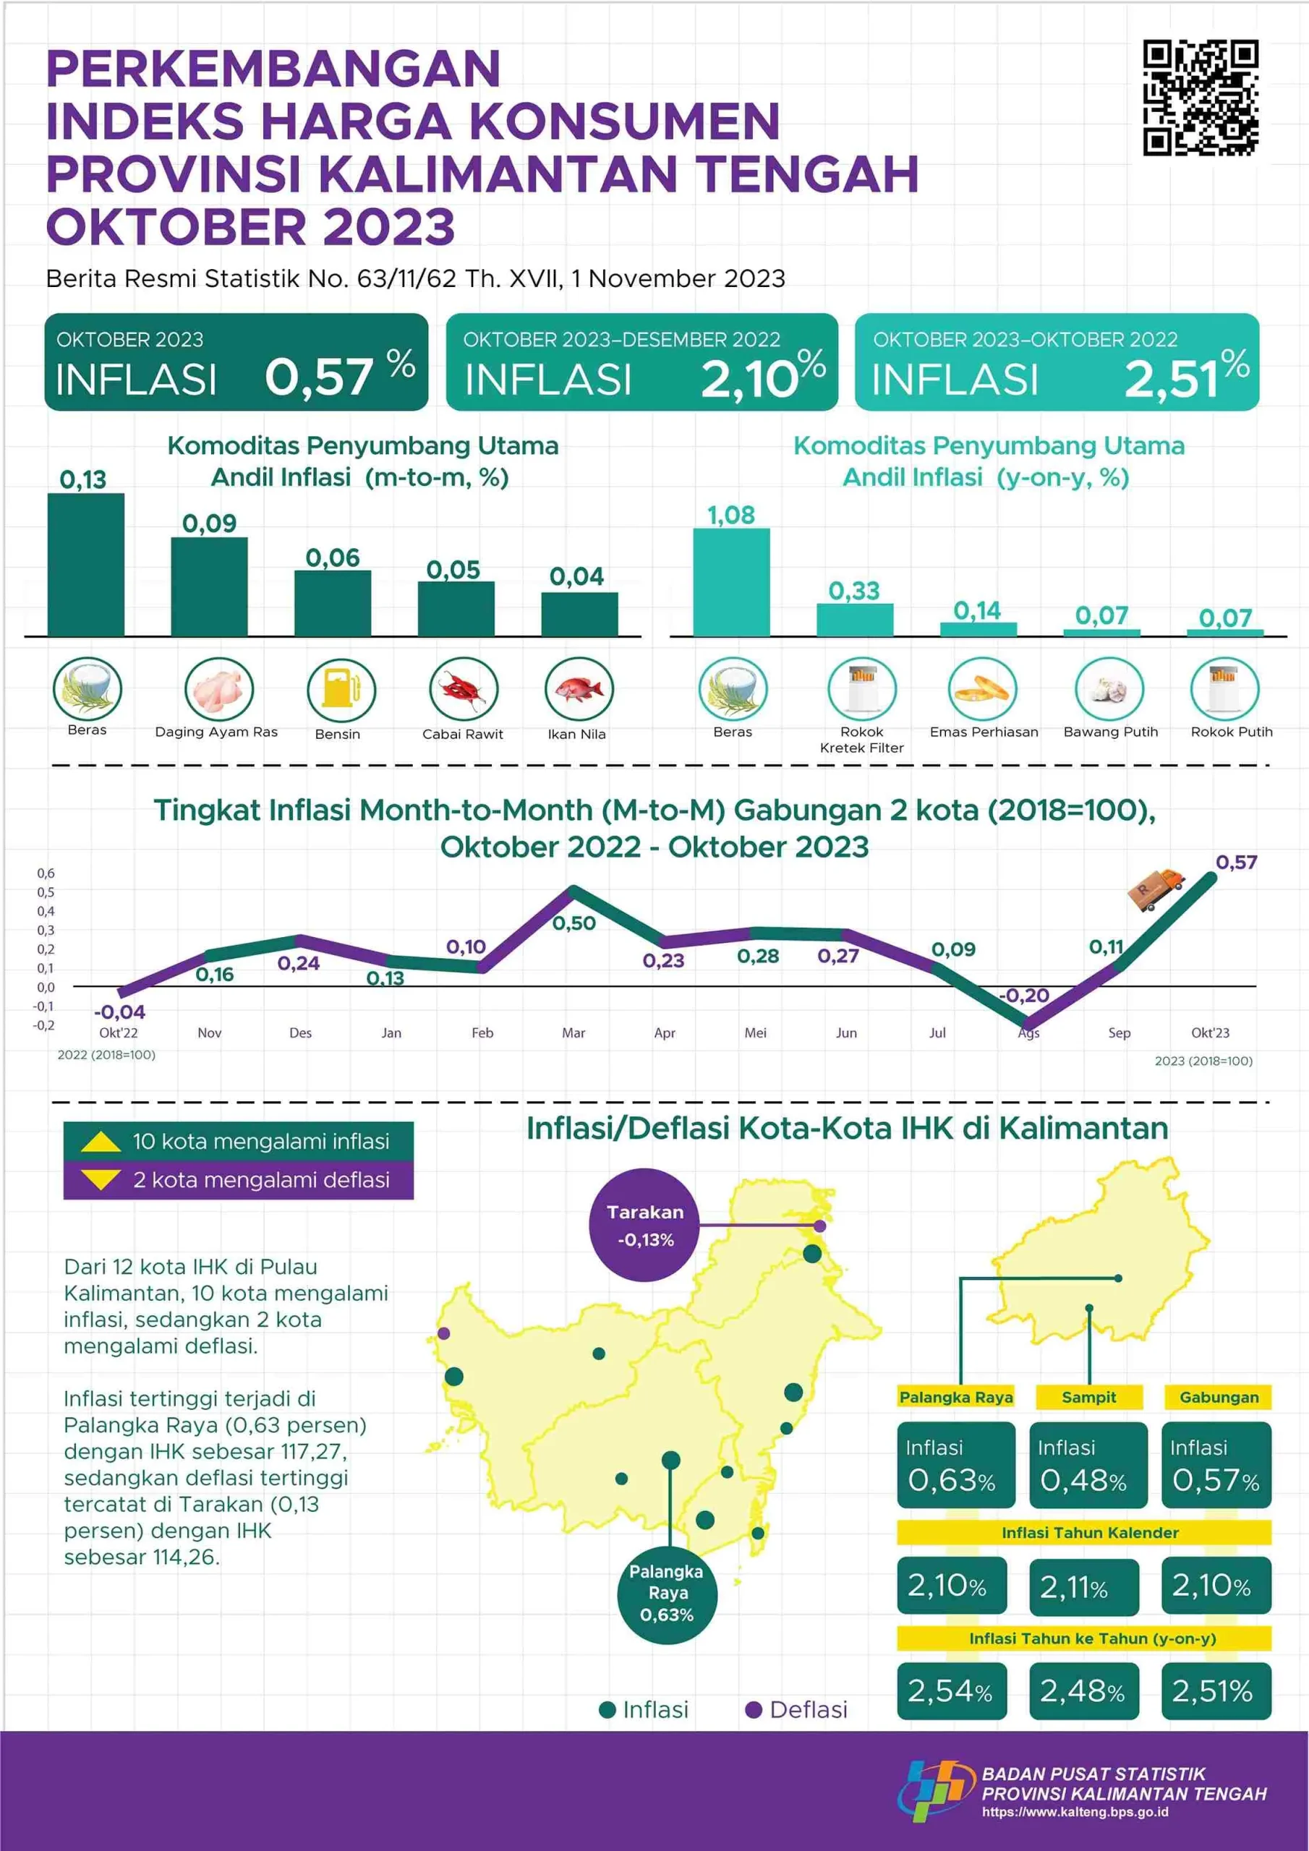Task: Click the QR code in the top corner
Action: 1200,98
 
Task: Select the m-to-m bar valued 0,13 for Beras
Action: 85,564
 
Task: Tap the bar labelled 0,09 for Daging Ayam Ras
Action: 209,586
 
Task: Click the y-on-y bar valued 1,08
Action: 732,582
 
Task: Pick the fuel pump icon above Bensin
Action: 341,689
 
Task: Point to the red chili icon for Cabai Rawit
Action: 464,689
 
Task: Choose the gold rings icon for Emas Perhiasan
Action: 982,689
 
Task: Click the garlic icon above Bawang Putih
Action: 1109,689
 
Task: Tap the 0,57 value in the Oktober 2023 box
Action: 319,377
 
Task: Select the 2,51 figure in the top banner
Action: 1171,379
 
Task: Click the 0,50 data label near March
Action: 574,923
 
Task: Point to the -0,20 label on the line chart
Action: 1023,995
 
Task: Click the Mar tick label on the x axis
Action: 574,1033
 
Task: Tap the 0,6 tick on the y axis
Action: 46,873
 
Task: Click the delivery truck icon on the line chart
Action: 1156,889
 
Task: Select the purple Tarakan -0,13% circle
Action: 645,1225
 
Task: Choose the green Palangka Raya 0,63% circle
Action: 667,1593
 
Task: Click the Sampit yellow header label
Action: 1089,1397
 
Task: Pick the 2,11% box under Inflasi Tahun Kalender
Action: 1084,1587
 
